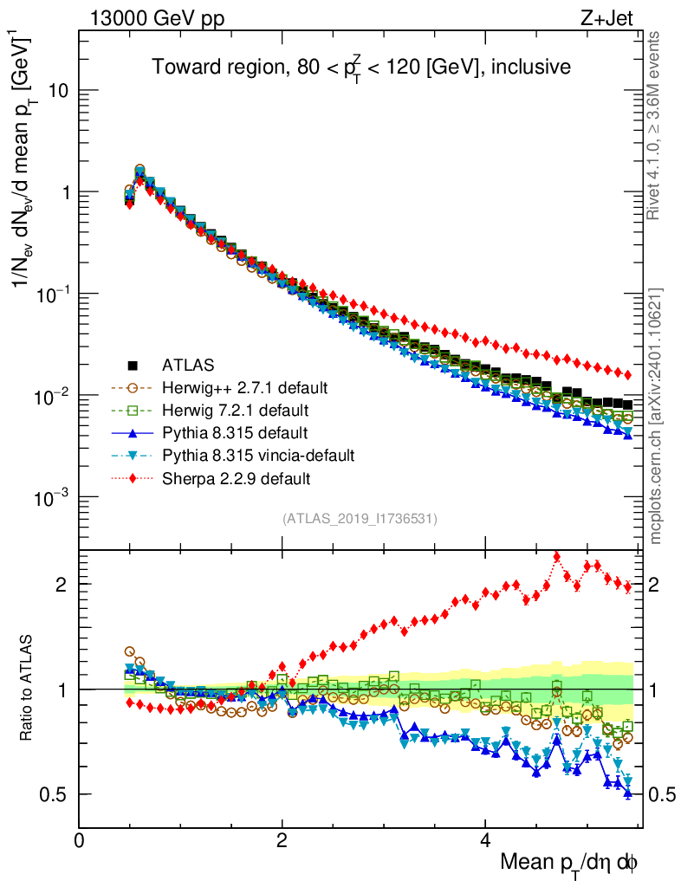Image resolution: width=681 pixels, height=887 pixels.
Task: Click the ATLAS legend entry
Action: click(189, 365)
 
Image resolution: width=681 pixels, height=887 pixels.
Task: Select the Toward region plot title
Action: click(361, 67)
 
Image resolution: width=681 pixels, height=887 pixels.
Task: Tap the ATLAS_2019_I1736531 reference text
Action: click(360, 519)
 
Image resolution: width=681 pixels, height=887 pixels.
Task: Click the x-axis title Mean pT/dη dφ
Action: click(569, 862)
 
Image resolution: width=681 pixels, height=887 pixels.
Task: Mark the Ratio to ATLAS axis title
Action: click(27, 688)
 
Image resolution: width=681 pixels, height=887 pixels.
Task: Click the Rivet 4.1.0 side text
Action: click(658, 126)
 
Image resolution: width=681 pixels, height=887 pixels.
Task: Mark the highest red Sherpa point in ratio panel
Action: click(556, 557)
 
